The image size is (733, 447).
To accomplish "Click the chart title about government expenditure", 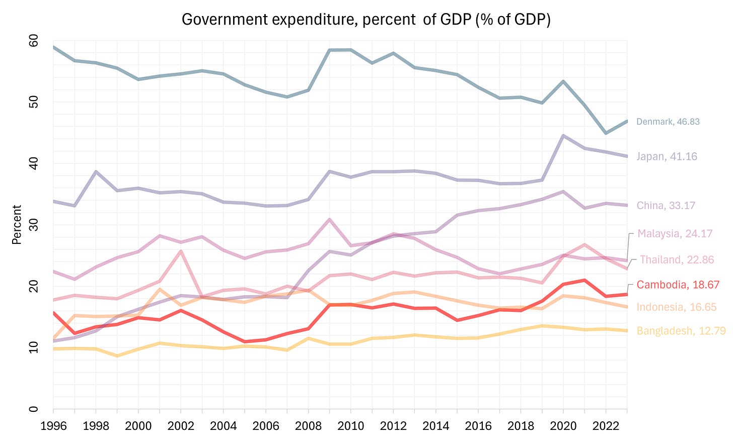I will [366, 20].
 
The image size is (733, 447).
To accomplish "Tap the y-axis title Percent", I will [17, 224].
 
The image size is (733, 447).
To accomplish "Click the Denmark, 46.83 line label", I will [668, 122].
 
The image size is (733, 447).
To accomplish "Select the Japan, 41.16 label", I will [667, 156].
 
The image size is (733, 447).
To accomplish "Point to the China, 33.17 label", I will [666, 205].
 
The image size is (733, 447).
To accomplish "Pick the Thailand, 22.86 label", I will [677, 259].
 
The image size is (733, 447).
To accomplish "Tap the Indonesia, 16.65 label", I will [676, 307].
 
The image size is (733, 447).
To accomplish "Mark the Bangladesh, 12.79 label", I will [681, 331].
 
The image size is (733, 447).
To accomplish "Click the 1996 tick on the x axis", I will [53, 426].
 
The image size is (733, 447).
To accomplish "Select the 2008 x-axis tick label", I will [308, 426].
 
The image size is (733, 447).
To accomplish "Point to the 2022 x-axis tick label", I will [606, 426].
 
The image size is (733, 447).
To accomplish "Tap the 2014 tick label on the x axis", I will [435, 426].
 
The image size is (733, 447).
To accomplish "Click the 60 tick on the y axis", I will [34, 41].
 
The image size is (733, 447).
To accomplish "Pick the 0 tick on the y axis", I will [34, 409].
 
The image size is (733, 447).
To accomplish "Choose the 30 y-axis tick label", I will [34, 225].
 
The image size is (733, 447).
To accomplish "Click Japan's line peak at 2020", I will [563, 136].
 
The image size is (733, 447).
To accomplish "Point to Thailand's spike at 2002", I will [181, 251].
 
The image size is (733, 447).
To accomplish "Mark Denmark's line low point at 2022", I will [606, 133].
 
